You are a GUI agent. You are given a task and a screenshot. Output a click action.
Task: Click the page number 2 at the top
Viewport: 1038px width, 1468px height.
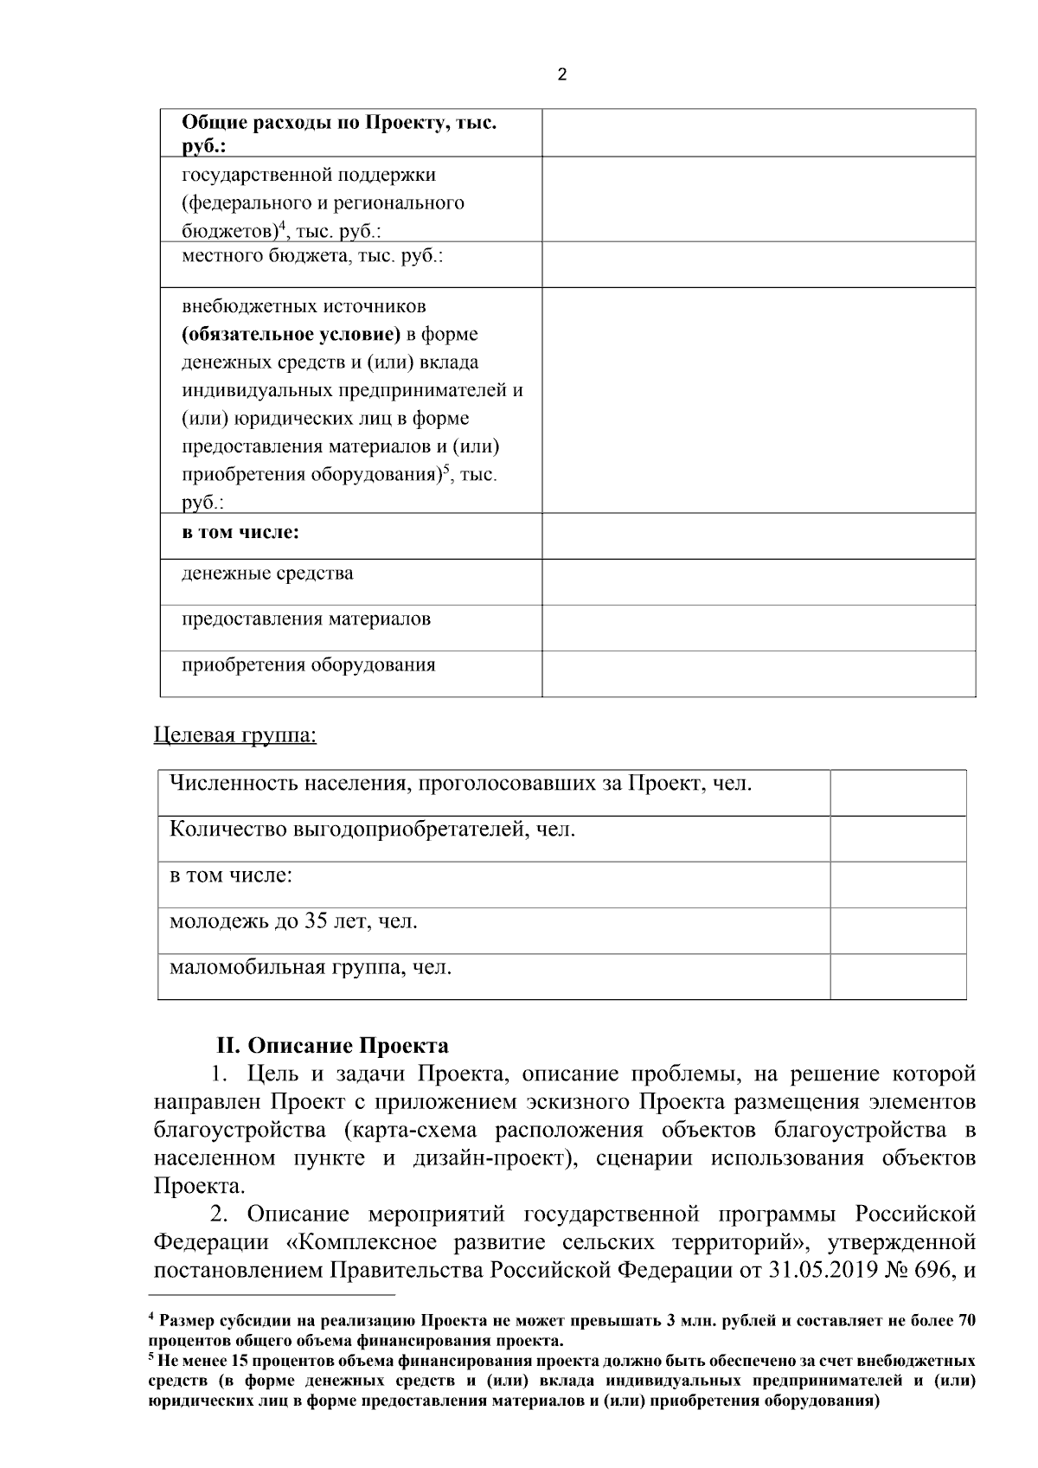coord(562,75)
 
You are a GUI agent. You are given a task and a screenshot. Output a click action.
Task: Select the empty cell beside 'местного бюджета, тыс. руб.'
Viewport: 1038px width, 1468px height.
coord(759,264)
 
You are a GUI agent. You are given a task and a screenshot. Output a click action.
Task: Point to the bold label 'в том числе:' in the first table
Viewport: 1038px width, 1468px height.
coord(240,533)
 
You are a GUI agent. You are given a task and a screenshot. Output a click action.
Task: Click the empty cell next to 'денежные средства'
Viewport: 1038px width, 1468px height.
coord(759,581)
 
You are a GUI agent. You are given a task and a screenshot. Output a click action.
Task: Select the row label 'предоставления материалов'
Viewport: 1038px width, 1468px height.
coord(306,619)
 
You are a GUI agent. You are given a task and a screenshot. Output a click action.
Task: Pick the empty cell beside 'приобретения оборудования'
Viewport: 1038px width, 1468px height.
coord(759,673)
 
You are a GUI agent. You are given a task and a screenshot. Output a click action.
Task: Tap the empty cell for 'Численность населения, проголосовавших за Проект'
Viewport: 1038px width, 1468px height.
coord(898,792)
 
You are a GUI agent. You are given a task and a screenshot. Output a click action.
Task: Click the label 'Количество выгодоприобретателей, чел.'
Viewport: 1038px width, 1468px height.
coord(372,830)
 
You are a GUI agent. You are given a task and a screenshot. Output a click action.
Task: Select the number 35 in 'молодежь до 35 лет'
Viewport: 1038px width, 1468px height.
coord(316,921)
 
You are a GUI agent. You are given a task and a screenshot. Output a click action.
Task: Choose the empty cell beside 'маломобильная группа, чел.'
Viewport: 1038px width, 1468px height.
coord(898,976)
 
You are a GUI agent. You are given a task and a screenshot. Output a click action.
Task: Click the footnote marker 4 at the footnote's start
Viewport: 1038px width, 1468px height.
coord(151,1318)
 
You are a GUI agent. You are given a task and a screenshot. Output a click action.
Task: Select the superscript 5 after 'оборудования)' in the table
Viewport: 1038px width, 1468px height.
coord(446,470)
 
